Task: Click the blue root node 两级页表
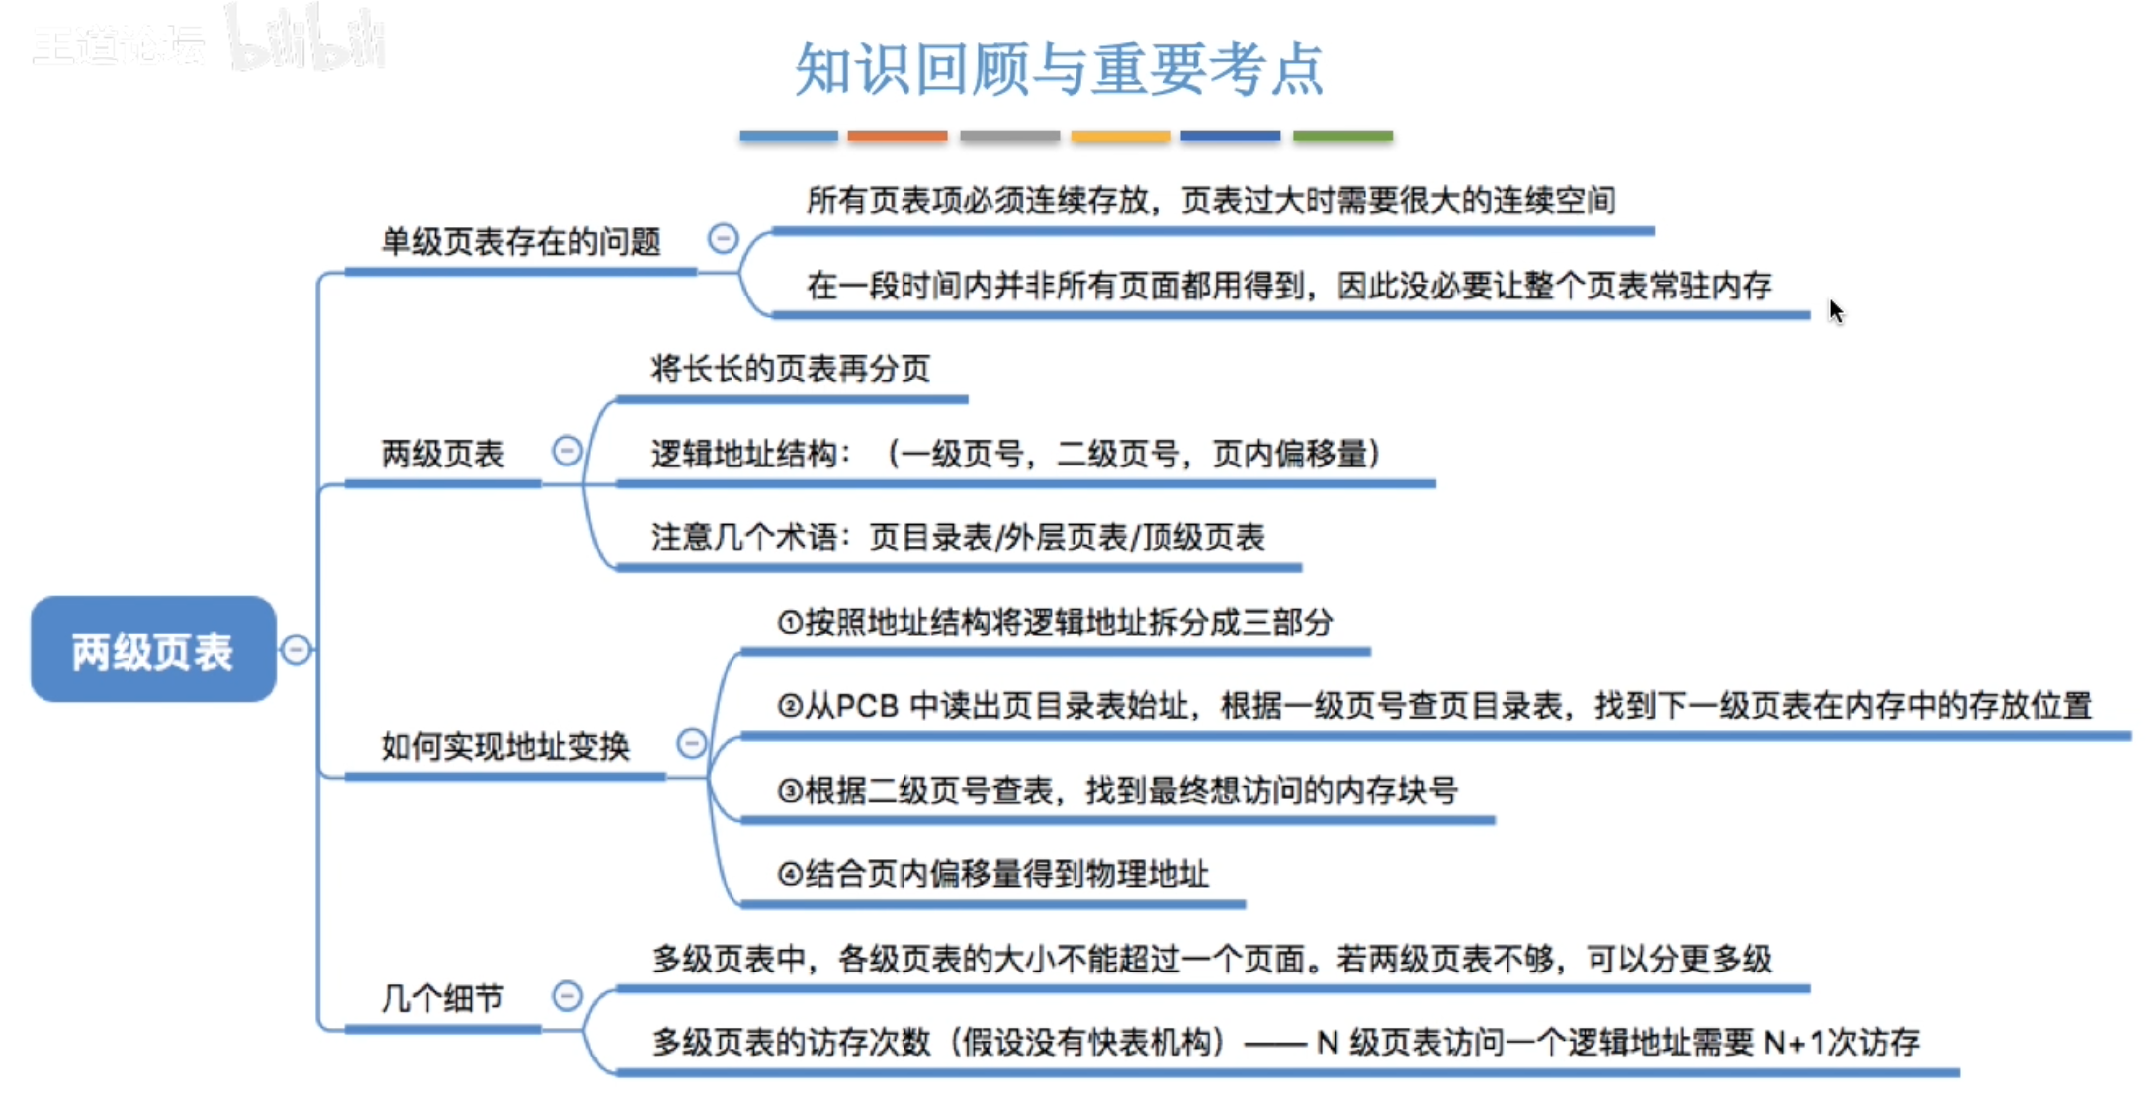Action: click(x=153, y=649)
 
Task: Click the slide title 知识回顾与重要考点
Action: click(x=1059, y=69)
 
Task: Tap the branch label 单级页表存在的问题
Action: click(x=520, y=242)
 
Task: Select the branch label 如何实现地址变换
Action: click(x=505, y=746)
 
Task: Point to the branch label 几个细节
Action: click(x=442, y=998)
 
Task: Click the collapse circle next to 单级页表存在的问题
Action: click(x=723, y=238)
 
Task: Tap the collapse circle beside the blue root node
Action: click(x=296, y=649)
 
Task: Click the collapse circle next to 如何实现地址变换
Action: click(x=691, y=743)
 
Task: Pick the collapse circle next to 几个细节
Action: click(x=566, y=995)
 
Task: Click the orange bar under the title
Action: click(x=897, y=136)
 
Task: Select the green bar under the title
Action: click(x=1342, y=136)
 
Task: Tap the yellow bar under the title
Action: click(x=1120, y=136)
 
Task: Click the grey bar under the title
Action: click(x=1009, y=136)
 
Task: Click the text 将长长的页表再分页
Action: click(x=790, y=369)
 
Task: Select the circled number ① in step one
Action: click(x=790, y=623)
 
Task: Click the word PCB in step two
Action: click(x=867, y=706)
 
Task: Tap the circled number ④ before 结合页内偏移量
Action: click(x=790, y=874)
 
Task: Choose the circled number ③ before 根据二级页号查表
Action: click(x=790, y=791)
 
